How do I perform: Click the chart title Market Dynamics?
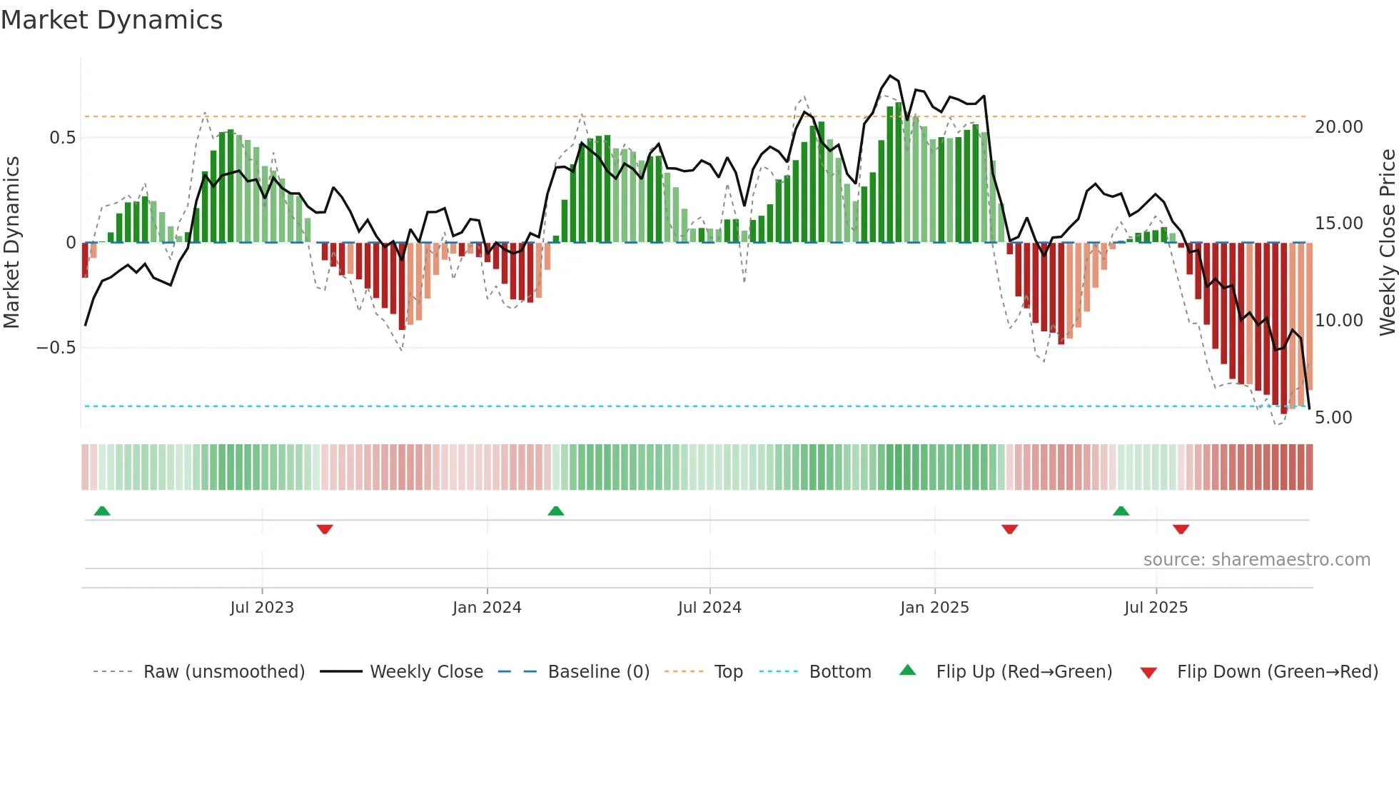111,20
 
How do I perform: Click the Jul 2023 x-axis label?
262,608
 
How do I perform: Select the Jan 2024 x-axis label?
487,608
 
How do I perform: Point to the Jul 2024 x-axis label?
709,608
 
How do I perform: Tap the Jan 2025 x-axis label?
934,608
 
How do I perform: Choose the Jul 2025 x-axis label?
1156,608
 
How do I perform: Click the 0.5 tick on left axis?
62,138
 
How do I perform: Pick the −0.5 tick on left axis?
56,348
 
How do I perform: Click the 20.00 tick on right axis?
1338,127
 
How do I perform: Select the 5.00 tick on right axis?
1333,418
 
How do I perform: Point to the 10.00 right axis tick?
1338,321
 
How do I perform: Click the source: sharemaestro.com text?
1256,560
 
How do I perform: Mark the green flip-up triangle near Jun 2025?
1121,511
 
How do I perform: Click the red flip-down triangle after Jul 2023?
325,529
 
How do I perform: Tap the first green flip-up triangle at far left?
102,511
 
